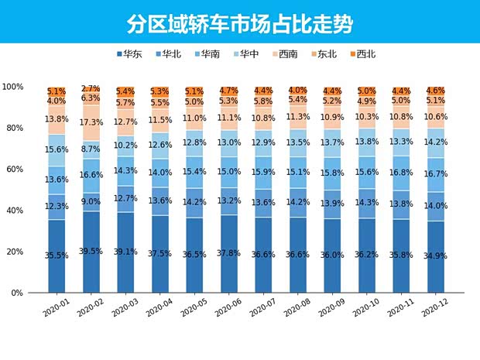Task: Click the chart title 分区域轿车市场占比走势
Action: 239,23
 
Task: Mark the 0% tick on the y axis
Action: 18,293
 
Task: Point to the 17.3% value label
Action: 91,122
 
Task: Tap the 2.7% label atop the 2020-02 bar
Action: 91,89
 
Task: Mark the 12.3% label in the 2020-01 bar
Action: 57,206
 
